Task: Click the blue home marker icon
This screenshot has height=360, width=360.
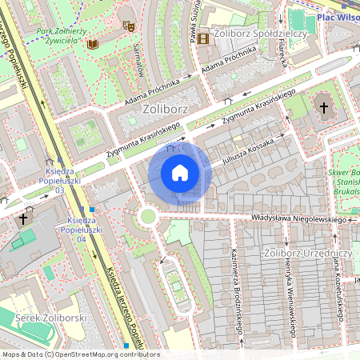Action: pos(180,173)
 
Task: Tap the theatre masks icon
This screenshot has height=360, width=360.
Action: pos(127,26)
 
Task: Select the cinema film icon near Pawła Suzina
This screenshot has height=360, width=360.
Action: pos(203,38)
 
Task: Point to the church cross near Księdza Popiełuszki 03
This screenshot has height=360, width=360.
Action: pos(24,217)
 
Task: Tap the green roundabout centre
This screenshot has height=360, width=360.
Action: pos(147,216)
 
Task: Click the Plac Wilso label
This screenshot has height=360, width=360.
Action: pos(337,15)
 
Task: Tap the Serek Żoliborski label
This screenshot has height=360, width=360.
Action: pos(50,318)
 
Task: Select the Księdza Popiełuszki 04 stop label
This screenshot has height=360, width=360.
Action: pos(83,230)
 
